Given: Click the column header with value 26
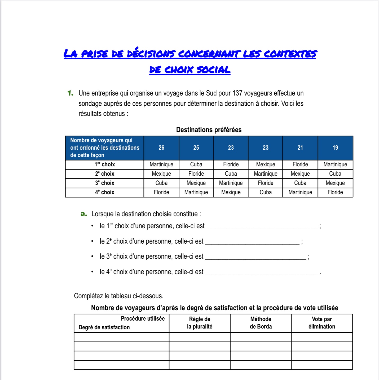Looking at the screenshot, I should point(161,148).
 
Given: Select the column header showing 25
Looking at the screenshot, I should point(196,148).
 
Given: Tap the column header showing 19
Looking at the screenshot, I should point(335,148).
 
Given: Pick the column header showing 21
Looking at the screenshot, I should point(300,148).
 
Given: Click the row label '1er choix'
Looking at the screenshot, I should point(105,165).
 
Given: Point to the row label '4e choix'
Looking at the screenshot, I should point(105,192).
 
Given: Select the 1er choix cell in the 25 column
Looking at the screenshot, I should point(196,165).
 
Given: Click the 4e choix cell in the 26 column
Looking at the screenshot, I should point(161,192).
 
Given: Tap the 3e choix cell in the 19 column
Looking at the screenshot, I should point(335,183).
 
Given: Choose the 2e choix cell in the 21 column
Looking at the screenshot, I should point(300,174).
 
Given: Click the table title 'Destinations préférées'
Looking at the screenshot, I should point(209,130).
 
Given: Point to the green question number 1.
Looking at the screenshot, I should point(70,93).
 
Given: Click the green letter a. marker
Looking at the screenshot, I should point(84,214).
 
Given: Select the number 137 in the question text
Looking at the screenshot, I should point(237,93).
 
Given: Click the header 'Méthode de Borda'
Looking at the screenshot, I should point(261,323).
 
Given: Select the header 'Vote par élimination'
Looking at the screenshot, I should point(322,323).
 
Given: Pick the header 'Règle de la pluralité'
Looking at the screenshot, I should point(200,323).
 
